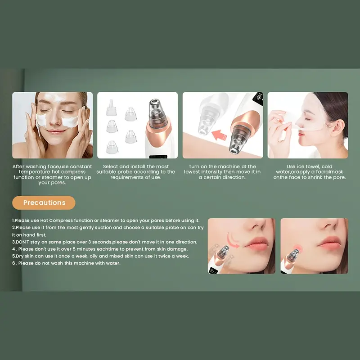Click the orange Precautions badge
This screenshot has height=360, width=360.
(44, 202)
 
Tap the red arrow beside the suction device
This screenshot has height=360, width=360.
(219, 135)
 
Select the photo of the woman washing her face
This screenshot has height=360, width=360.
(53, 125)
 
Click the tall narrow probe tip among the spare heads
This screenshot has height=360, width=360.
(111, 108)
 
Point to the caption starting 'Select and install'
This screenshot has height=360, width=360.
(136, 172)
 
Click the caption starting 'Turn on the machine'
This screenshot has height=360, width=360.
(222, 172)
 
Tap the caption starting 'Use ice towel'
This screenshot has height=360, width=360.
(309, 172)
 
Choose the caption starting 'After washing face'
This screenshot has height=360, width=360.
(52, 174)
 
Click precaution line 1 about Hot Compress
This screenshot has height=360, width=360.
(106, 220)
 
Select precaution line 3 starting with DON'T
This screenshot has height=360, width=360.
(104, 242)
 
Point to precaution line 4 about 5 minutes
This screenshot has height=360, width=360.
(100, 249)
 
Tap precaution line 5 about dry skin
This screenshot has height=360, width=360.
(100, 256)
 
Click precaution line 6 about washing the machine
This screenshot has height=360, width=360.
(66, 263)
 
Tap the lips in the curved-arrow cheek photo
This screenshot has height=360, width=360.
(256, 243)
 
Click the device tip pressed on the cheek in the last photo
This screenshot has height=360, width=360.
(294, 255)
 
